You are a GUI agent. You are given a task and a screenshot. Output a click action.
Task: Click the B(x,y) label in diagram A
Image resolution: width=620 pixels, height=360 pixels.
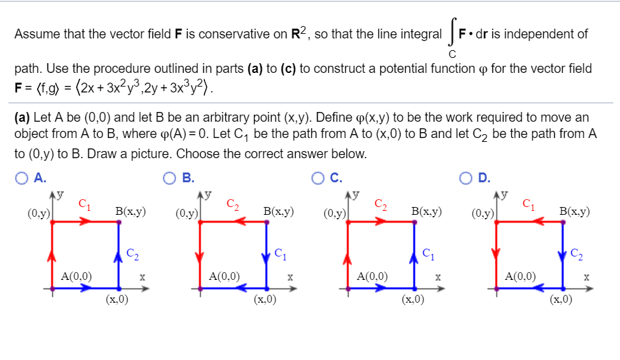click(130, 211)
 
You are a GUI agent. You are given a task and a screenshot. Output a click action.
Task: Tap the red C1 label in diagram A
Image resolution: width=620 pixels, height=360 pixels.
click(84, 204)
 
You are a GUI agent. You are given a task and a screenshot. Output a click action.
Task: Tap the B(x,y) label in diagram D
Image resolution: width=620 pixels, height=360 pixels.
click(574, 211)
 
